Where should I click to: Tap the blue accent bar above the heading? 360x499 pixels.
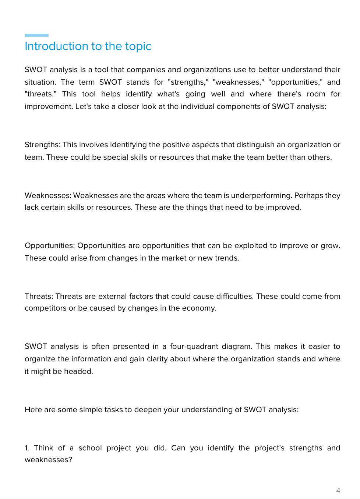coord(36,35)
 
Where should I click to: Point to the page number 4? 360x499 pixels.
coord(338,491)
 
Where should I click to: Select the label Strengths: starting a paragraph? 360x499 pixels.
coord(42,145)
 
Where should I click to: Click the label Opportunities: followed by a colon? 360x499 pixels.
coord(50,246)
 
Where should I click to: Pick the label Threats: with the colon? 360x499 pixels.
coord(39,297)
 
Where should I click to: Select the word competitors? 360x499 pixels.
coord(45,308)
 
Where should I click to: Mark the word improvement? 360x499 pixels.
coord(48,107)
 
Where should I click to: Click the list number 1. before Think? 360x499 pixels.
coord(27,448)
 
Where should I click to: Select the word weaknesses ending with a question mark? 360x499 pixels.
coord(48,460)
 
